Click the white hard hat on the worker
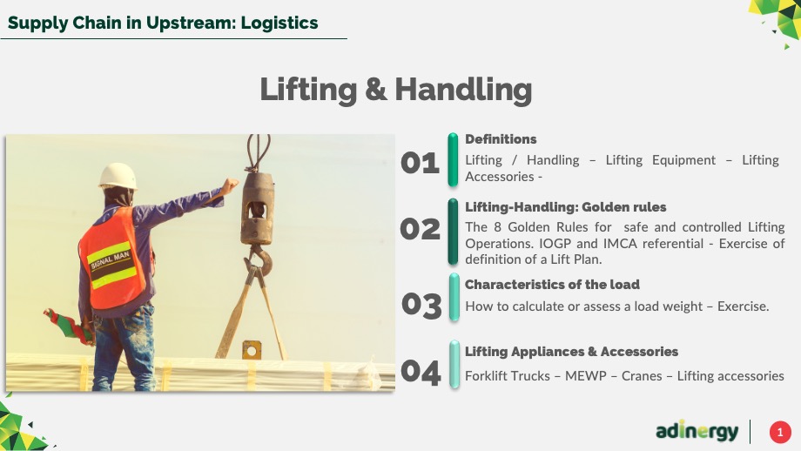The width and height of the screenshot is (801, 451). click(118, 176)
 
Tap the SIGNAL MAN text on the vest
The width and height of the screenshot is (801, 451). click(111, 260)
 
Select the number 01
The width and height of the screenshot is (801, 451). click(420, 163)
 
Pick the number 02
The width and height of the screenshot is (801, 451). click(420, 229)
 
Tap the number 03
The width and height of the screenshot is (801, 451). click(421, 306)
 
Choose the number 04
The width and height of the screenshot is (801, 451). click(421, 372)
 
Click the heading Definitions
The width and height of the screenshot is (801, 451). click(501, 139)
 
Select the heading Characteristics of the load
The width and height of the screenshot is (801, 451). click(552, 285)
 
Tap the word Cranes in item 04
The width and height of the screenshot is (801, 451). click(642, 376)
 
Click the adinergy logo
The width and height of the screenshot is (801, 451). click(697, 432)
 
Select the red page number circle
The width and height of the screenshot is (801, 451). click(780, 432)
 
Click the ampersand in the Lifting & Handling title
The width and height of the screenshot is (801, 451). click(375, 90)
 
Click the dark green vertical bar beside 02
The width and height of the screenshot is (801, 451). click(453, 232)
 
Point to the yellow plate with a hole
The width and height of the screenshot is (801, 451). click(252, 350)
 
